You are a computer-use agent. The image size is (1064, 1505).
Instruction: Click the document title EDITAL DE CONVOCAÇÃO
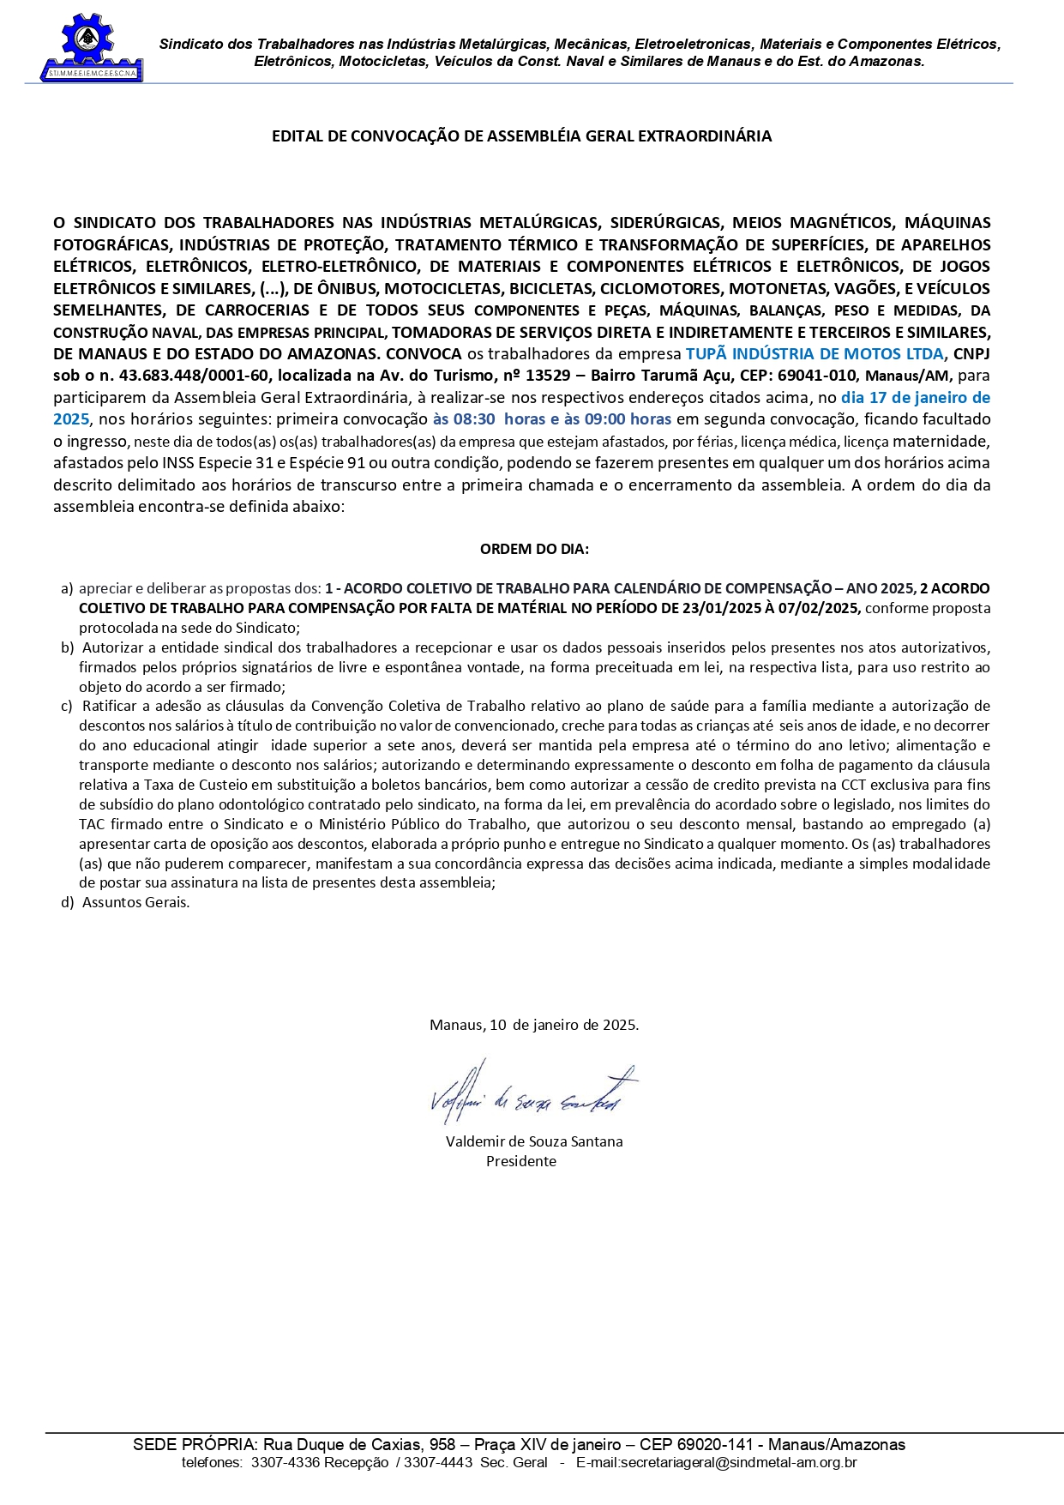point(521,136)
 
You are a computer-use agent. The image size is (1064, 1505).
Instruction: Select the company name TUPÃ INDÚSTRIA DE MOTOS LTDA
point(814,353)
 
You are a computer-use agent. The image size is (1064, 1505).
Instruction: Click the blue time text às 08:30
point(464,419)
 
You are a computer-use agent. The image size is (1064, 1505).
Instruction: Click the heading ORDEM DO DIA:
point(534,549)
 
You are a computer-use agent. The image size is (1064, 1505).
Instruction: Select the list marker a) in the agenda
point(67,588)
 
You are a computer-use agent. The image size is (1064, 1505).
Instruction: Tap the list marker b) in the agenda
point(67,647)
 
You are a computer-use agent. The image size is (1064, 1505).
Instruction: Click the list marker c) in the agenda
point(67,707)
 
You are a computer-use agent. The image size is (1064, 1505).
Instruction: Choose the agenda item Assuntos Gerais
point(135,902)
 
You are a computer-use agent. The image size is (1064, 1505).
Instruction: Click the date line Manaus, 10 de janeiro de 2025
point(533,1025)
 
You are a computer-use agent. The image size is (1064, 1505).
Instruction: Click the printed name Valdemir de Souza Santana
point(534,1141)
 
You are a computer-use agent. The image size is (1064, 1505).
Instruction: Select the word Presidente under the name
point(521,1161)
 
